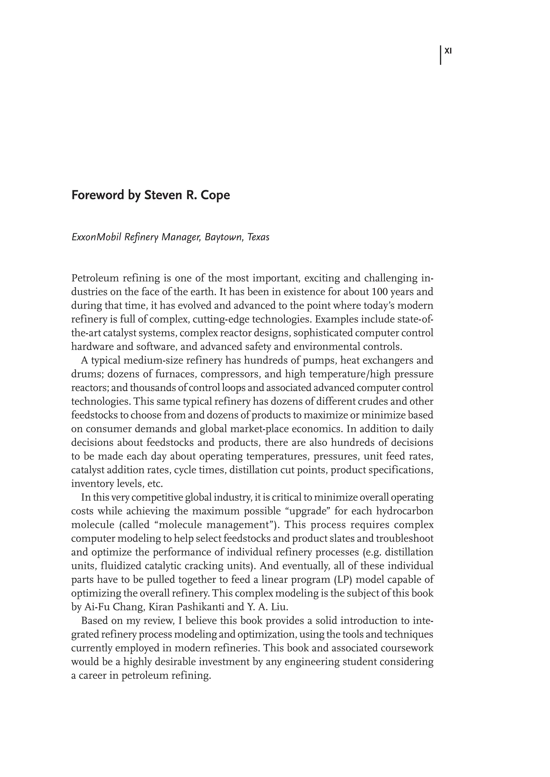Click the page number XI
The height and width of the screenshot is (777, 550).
pyautogui.click(x=448, y=51)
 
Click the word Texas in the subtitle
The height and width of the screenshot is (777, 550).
pyautogui.click(x=258, y=237)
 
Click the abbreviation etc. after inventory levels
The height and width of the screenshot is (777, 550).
pyautogui.click(x=155, y=484)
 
